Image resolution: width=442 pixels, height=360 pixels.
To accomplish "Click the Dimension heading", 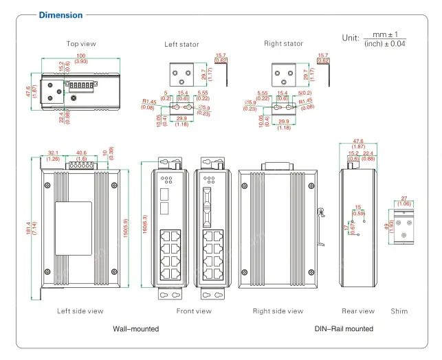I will click(60, 15).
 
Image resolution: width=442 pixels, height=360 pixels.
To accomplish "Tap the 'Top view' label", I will click(81, 44).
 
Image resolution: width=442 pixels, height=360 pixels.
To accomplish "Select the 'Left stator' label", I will click(181, 45).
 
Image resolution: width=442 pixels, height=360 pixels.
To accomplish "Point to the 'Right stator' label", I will click(283, 44).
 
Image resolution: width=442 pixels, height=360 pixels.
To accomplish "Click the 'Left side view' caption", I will click(80, 311).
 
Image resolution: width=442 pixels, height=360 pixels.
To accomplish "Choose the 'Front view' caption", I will click(194, 311).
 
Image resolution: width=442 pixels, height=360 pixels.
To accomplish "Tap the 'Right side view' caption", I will click(278, 311).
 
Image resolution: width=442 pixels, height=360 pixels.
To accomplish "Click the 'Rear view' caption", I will click(358, 311).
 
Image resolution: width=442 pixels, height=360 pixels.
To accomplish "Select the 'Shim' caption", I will click(399, 311).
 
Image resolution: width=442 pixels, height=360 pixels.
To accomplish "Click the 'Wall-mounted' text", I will click(135, 329).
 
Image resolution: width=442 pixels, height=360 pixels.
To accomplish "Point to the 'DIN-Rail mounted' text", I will click(344, 329).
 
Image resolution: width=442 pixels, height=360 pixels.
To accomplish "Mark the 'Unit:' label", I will click(351, 38).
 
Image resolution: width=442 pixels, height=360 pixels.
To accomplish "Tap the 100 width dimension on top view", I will click(81, 55).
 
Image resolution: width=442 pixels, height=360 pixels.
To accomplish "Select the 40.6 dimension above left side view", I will click(81, 153).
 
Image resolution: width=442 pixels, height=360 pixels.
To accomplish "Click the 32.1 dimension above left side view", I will click(54, 153).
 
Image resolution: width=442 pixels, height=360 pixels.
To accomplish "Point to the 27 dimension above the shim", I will click(404, 199).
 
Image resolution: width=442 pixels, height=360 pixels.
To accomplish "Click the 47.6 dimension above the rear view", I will click(358, 142).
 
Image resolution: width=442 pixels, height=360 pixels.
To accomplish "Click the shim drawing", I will click(404, 226).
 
